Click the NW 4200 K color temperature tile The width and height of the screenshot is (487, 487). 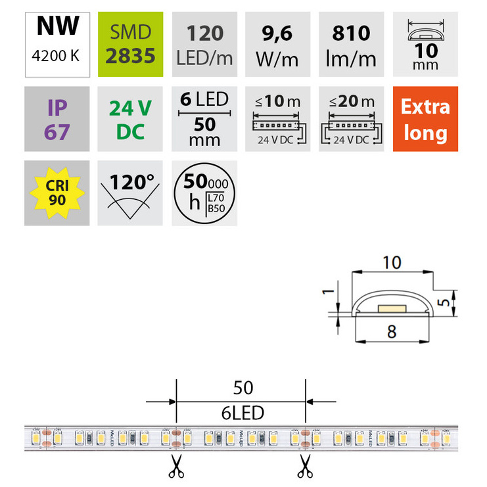(57, 43)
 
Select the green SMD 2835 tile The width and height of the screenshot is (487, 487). (130, 43)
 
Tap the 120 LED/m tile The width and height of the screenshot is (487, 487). (204, 43)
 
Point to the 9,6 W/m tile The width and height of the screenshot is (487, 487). (277, 43)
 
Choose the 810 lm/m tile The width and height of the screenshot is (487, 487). (351, 43)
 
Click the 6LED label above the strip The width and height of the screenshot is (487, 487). (243, 413)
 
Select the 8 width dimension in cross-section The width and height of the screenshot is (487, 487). (391, 332)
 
